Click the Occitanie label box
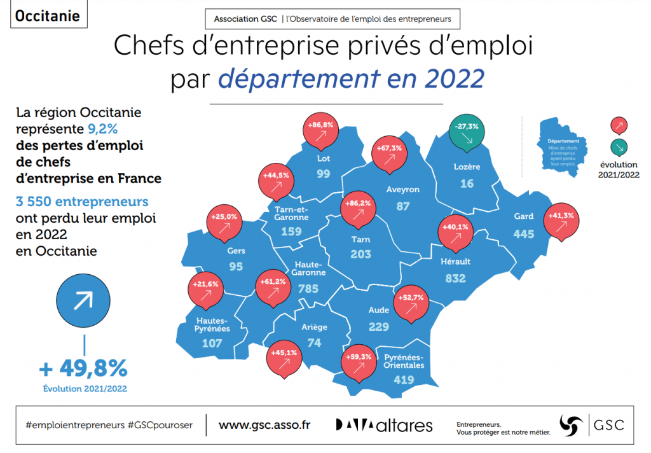click(47, 15)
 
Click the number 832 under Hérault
click(456, 278)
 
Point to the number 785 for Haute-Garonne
click(308, 289)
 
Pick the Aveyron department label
click(403, 189)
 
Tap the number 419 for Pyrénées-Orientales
click(403, 380)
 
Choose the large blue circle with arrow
click(83, 302)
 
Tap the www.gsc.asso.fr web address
click(264, 425)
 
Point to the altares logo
click(384, 425)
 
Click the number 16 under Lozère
click(467, 183)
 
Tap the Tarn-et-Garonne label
click(292, 213)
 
